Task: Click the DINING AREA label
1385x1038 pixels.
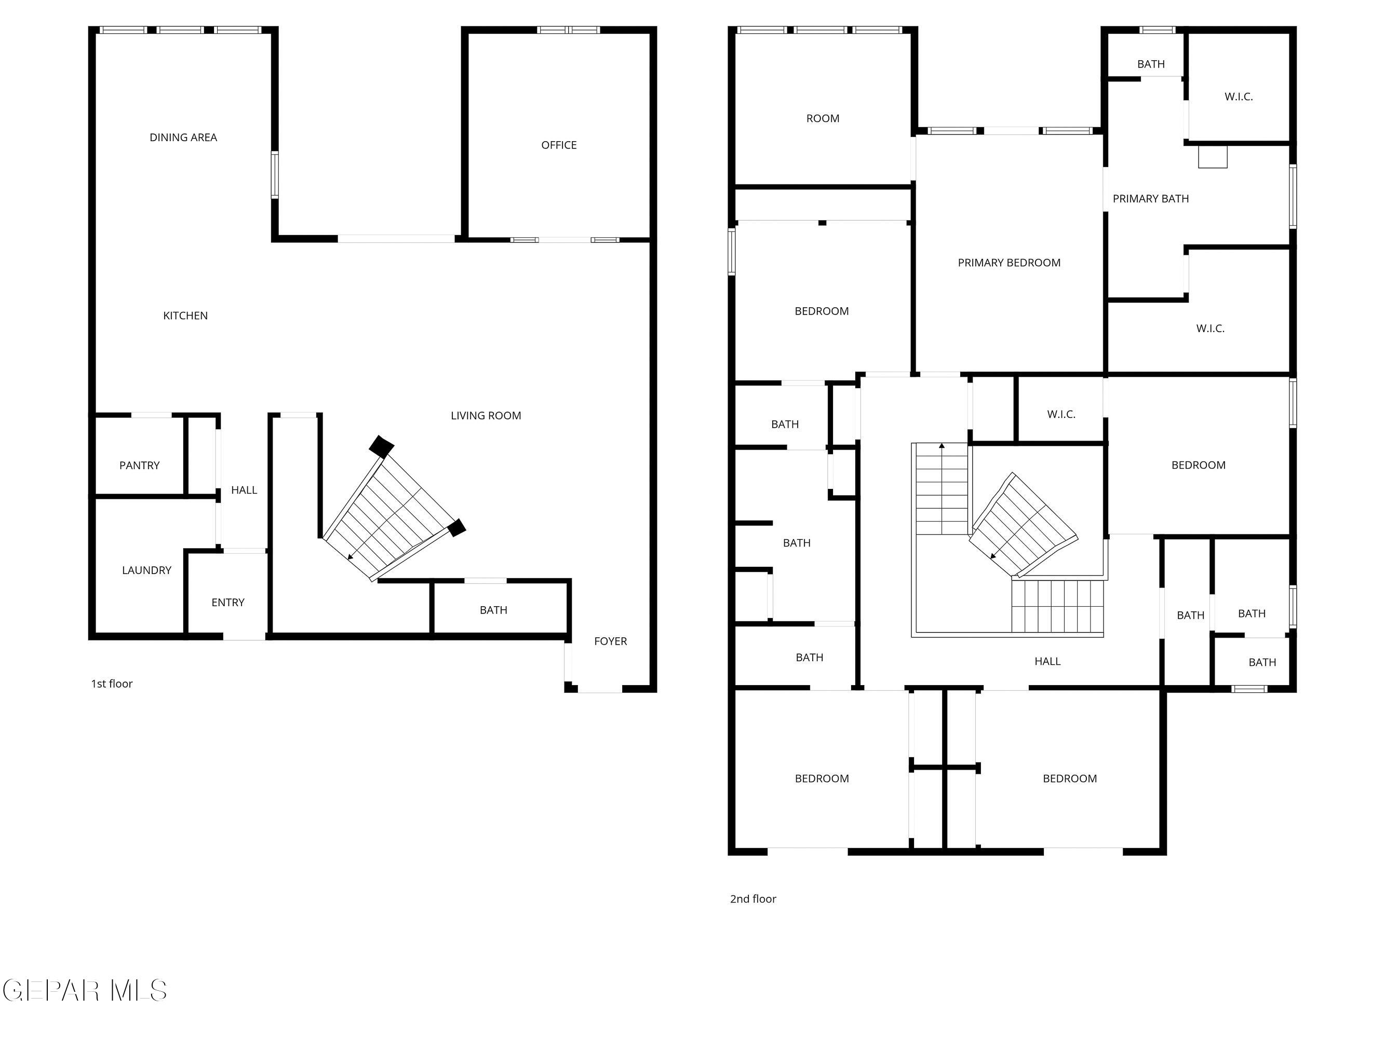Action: coord(183,138)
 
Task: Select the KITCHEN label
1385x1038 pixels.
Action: coord(185,316)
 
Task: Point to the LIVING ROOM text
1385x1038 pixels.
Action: coord(486,415)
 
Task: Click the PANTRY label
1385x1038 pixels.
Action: coord(139,466)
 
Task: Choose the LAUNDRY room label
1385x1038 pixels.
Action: coord(146,570)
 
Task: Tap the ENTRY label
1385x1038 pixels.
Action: coord(228,603)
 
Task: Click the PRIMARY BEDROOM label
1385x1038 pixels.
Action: coord(1009,263)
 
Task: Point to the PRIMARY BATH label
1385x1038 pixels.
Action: coord(1150,199)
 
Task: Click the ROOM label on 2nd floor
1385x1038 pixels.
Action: coord(823,119)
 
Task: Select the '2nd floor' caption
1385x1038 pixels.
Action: coord(752,899)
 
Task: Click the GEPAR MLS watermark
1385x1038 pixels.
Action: coord(85,990)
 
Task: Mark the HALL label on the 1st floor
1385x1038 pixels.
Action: coord(244,490)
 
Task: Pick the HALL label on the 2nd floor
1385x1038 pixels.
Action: coord(1047,661)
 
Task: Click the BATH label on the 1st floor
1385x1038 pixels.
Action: coord(493,610)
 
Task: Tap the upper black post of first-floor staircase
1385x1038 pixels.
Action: coord(381,447)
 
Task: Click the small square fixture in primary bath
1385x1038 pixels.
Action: coord(1212,157)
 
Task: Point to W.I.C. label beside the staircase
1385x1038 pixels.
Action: coord(1060,414)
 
